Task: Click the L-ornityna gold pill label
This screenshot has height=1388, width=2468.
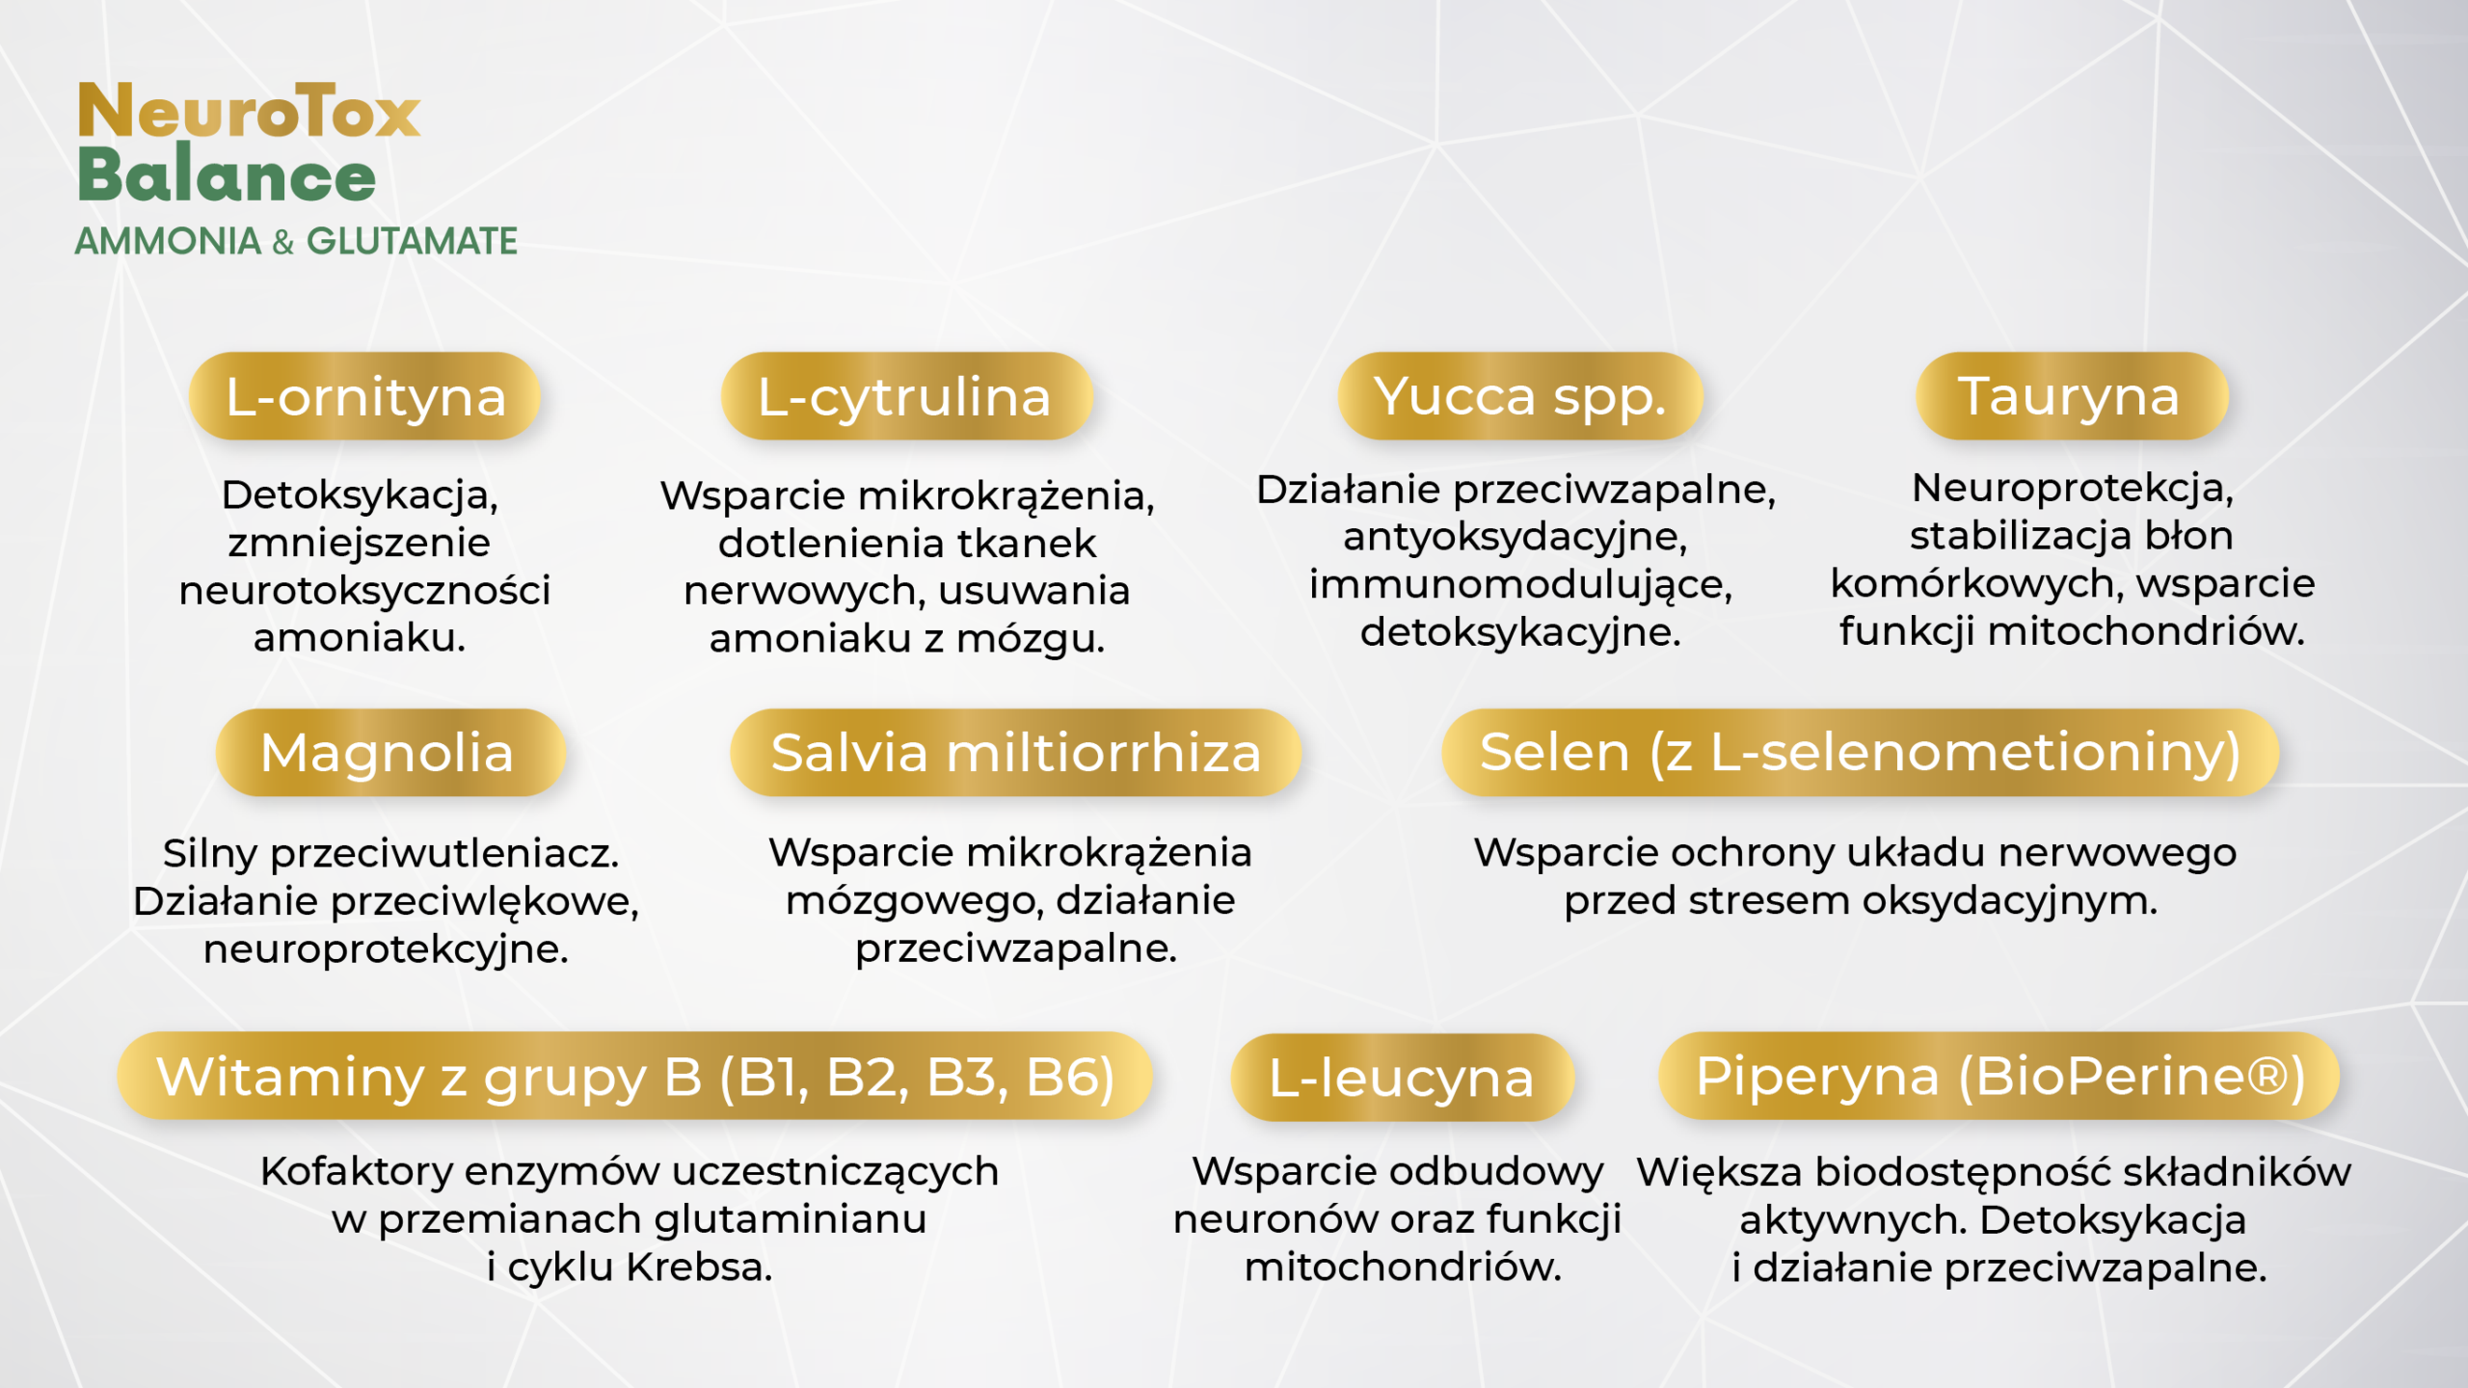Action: pos(364,396)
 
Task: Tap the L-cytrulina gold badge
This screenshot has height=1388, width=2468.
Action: pos(906,396)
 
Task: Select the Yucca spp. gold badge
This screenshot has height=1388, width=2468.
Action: pos(1520,396)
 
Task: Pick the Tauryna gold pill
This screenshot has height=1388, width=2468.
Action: pos(2072,396)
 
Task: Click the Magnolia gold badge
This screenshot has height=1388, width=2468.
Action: pos(389,752)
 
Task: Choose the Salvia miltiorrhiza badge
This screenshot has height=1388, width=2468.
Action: pos(1015,752)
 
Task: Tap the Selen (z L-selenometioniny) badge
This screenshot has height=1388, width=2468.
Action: pos(1861,752)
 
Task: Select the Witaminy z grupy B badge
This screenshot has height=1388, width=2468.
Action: pos(634,1076)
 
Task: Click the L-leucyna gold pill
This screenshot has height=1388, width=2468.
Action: pos(1402,1077)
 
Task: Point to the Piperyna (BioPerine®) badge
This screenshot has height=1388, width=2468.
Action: pos(1999,1076)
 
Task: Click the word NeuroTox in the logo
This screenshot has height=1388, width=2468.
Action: pos(249,112)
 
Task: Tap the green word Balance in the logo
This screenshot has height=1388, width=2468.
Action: pos(227,175)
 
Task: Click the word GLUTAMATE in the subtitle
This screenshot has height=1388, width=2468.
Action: pos(412,241)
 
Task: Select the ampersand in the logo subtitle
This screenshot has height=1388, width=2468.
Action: pos(282,242)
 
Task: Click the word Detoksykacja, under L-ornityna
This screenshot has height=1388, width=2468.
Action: pos(360,495)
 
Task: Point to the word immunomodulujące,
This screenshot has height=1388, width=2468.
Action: pos(1520,585)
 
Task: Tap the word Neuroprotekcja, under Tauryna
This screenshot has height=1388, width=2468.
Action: pos(2073,489)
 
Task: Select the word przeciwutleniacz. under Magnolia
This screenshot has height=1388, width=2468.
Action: pos(444,854)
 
